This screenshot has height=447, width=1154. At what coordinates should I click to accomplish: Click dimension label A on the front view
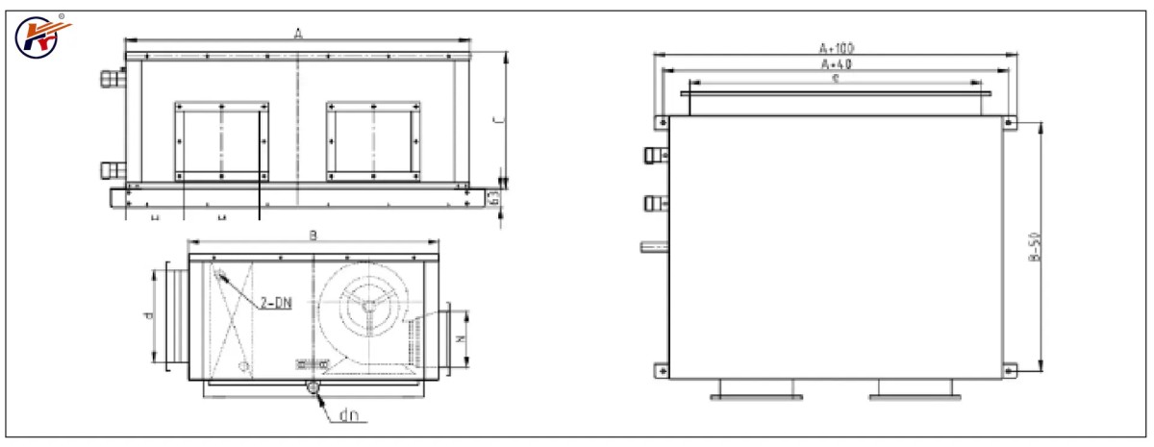coord(298,34)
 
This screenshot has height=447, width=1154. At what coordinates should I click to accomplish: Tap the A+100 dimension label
coord(837,46)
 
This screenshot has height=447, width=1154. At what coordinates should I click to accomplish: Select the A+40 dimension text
coord(837,63)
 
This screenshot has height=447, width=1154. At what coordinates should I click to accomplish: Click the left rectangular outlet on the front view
coord(221,139)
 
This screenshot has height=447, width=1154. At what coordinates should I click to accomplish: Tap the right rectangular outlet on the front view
coord(373,139)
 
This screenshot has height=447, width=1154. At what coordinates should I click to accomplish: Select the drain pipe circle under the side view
coord(313,386)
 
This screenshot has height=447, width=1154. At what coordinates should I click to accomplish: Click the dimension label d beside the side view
coord(147,314)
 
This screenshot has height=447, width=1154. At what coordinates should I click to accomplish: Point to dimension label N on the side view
coord(459,338)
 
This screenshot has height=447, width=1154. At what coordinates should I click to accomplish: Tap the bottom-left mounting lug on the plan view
coord(662,369)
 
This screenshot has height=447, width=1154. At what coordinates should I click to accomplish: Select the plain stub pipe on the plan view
coord(654,248)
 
